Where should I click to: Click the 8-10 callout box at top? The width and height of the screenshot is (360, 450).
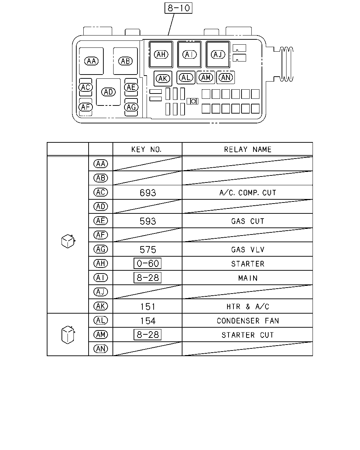coord(178,8)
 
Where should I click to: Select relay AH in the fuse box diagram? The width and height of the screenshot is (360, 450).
coord(161,54)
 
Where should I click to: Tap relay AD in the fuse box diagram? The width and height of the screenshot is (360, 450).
coord(108,92)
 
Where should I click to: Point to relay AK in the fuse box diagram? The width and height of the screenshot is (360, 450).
coord(163,79)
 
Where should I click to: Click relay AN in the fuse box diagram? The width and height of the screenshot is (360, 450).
coord(225,78)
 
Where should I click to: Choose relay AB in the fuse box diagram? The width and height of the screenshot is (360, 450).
coord(125,61)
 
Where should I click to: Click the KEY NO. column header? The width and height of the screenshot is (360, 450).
coord(147,149)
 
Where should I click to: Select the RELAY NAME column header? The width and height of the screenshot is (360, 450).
coord(247,149)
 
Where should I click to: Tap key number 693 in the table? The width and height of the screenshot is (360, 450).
coord(148,193)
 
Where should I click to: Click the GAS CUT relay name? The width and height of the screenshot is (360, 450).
coord(247,221)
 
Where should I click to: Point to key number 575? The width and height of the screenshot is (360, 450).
coord(148,250)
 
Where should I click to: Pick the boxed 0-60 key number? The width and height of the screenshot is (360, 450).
coord(147,263)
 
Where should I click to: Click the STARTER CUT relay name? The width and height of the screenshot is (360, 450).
coord(247,335)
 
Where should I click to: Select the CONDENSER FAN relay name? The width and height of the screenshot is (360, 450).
coord(247,321)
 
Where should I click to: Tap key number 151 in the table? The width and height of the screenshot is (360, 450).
coord(148,307)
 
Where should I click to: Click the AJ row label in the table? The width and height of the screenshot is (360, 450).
coord(101,292)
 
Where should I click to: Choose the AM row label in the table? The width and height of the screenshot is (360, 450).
coord(101,335)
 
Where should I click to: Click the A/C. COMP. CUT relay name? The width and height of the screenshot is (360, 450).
coord(247,193)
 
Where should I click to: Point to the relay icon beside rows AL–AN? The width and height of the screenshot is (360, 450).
coord(68,335)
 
